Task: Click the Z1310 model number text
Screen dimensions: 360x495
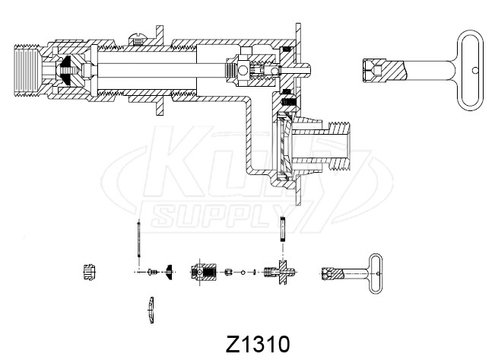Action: click(x=257, y=342)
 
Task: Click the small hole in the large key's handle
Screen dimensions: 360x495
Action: click(x=475, y=70)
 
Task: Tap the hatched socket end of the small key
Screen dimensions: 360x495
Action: click(x=329, y=272)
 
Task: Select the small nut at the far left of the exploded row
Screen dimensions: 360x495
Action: click(x=87, y=272)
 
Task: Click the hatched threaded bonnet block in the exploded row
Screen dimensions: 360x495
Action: click(x=203, y=272)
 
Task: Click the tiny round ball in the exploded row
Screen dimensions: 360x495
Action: click(x=243, y=272)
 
